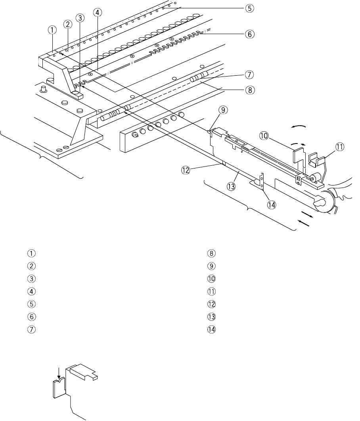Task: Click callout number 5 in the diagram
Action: (x=249, y=8)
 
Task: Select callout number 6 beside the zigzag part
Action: (x=249, y=34)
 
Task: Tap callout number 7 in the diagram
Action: (x=249, y=75)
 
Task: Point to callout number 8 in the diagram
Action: (x=250, y=90)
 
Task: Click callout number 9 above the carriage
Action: (x=223, y=110)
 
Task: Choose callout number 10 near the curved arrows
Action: (x=264, y=136)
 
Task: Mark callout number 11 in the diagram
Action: (x=339, y=147)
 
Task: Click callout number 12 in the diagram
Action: (x=186, y=170)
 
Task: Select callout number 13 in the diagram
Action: (x=231, y=186)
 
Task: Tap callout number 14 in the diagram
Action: (x=272, y=205)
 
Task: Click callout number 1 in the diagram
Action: (x=52, y=30)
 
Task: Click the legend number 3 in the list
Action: (x=31, y=279)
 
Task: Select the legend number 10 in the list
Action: (x=212, y=279)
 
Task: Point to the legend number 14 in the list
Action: (x=212, y=329)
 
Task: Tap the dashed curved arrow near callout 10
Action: (x=298, y=144)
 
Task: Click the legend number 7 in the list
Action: (x=31, y=329)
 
